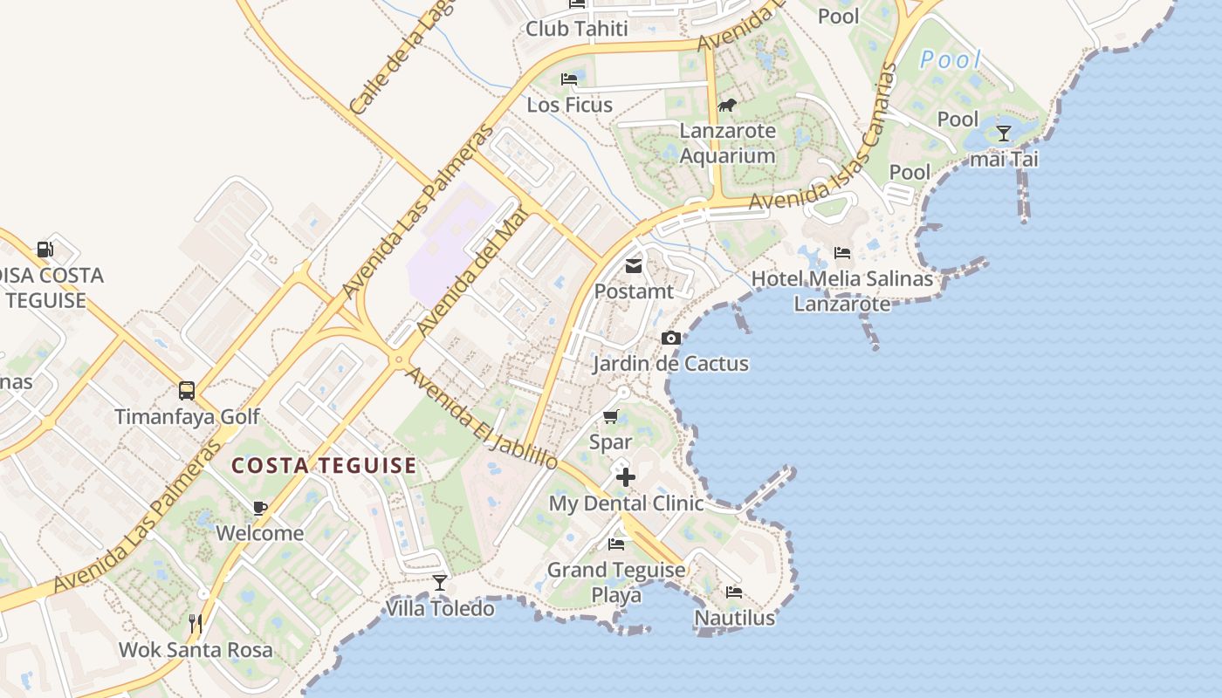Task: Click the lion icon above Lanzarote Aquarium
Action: [x=726, y=106]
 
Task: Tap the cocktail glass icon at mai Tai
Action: [x=1004, y=133]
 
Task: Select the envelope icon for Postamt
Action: [x=634, y=266]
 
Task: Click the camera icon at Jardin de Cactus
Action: [x=670, y=339]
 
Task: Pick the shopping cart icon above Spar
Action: [x=610, y=417]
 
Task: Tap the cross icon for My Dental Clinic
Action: [x=625, y=477]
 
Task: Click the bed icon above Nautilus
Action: [x=734, y=592]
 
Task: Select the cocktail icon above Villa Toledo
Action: [x=440, y=582]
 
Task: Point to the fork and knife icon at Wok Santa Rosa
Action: [x=196, y=624]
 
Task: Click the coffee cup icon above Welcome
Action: [x=259, y=508]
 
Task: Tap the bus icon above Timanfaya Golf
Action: [x=187, y=390]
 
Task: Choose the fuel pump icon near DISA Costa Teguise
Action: [x=45, y=250]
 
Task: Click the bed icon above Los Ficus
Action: [x=569, y=79]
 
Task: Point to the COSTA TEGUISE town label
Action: [x=324, y=466]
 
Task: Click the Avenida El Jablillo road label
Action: [x=482, y=419]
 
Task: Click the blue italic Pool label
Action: [x=951, y=60]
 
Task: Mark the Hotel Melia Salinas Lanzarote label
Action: [x=842, y=291]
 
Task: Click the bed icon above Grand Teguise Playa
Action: [x=616, y=544]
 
